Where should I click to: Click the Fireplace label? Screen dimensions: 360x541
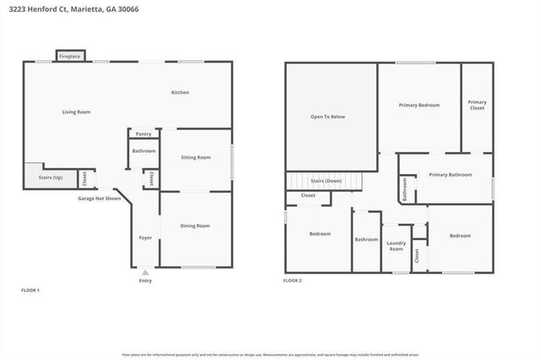[x=69, y=57]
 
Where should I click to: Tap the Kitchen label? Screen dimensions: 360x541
[x=180, y=92]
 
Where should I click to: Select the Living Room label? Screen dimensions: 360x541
[x=76, y=112]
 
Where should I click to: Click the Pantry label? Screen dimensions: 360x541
[x=144, y=134]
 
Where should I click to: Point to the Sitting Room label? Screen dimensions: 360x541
[x=197, y=157]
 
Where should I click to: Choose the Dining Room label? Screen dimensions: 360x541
[x=195, y=226]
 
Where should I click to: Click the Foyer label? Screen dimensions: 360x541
[x=145, y=237]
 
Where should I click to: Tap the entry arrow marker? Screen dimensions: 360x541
[x=145, y=272]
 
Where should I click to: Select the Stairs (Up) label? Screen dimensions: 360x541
[x=52, y=177]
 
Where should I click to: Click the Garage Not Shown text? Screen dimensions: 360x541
[x=98, y=197]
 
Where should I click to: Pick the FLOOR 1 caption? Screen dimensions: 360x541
[x=30, y=290]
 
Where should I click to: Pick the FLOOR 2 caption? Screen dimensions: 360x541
[x=292, y=280]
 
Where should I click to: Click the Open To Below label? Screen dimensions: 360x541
[x=328, y=117]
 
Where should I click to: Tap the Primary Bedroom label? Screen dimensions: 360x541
[x=419, y=105]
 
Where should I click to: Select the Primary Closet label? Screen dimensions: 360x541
[x=478, y=105]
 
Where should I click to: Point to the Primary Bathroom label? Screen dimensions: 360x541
[x=450, y=175]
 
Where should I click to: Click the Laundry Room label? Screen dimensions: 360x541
[x=396, y=246]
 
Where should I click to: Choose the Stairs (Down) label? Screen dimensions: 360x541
[x=326, y=181]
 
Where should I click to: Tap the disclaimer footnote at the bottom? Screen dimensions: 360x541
[x=270, y=355]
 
